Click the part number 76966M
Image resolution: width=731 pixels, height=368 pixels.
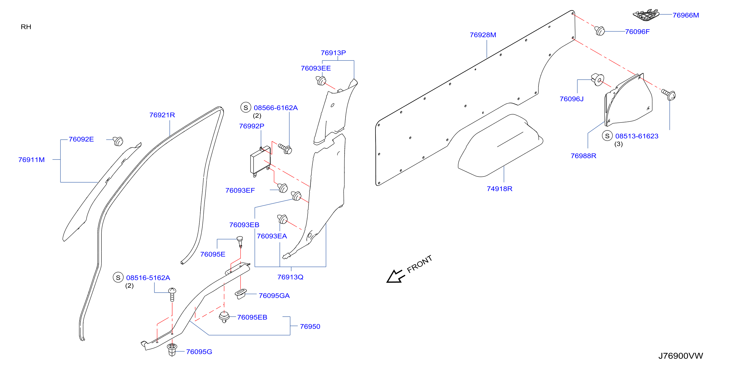[x=686, y=15]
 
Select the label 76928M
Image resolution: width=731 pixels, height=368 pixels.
[x=483, y=35]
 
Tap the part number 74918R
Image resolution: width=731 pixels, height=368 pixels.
[x=499, y=189]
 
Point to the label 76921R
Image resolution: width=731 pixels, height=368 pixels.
[x=162, y=115]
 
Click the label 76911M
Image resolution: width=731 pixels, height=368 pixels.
[x=32, y=160]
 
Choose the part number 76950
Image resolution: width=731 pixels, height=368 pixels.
[x=310, y=326]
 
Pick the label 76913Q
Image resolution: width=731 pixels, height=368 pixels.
[x=290, y=277]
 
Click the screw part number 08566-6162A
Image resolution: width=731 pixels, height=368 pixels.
[x=276, y=108]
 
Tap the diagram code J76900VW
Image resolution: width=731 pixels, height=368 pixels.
[x=681, y=356]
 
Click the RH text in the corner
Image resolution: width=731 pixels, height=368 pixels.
[x=26, y=27]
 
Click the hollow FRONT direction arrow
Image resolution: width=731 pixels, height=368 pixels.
[x=396, y=276]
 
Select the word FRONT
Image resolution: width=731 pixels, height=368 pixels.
[x=419, y=264]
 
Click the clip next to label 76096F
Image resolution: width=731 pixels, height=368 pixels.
[x=599, y=31]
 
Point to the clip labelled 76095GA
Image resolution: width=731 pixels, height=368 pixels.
[x=241, y=294]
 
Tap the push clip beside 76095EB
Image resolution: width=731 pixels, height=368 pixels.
[x=224, y=317]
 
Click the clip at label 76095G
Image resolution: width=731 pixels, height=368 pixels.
[x=172, y=350]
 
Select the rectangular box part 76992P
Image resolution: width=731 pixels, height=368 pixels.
[x=260, y=161]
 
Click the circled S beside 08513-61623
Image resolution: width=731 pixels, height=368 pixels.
[x=607, y=136]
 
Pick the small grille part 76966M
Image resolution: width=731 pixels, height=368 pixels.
[x=646, y=15]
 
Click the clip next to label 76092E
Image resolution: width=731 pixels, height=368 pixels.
[x=118, y=141]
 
